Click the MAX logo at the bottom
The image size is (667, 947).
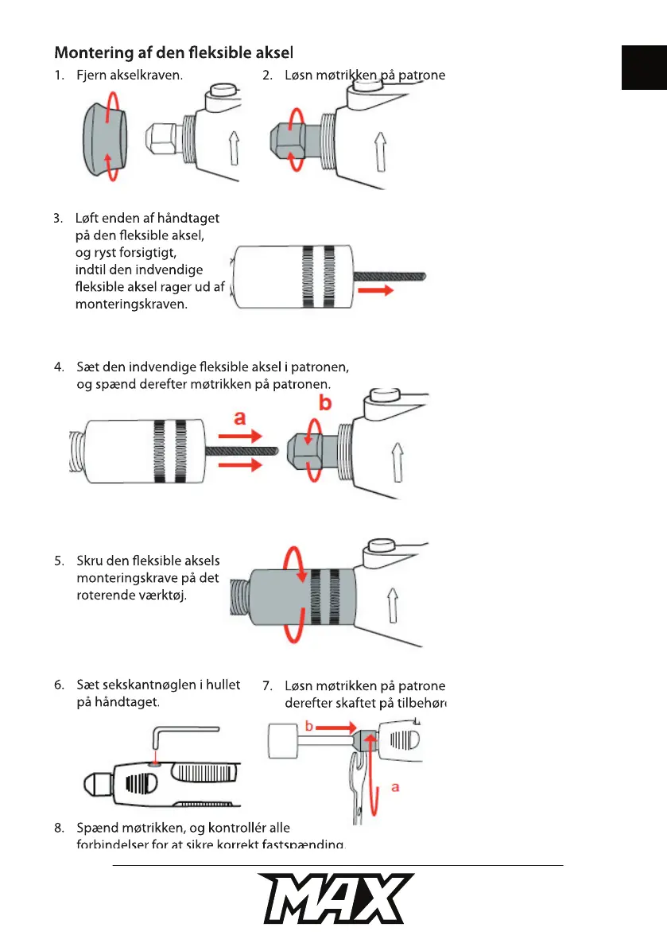click(x=334, y=898)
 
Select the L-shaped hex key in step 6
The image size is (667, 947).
click(x=184, y=735)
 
